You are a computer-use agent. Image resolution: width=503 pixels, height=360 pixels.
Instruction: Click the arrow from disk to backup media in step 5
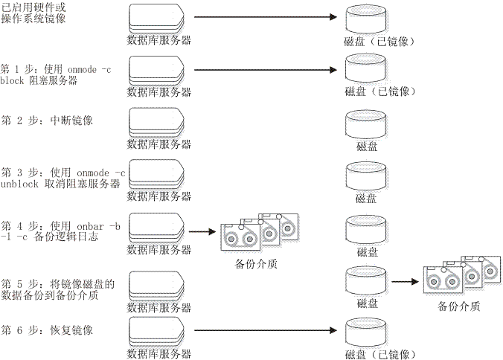pyautogui.click(x=403, y=283)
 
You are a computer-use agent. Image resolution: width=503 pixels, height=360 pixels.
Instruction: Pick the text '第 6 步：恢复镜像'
pyautogui.click(x=47, y=330)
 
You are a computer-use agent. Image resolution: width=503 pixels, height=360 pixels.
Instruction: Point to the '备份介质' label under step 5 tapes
pyautogui.click(x=459, y=306)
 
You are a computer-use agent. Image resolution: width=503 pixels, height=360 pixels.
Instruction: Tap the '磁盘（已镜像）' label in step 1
pyautogui.click(x=379, y=92)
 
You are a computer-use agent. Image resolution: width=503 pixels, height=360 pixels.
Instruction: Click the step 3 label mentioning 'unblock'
pyautogui.click(x=63, y=178)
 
